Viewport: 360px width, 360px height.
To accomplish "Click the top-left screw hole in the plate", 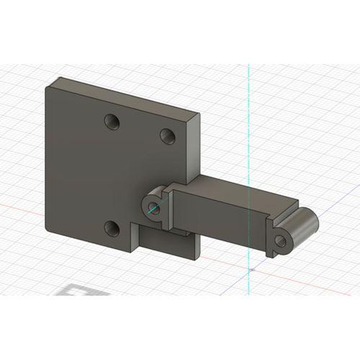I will (x=112, y=121).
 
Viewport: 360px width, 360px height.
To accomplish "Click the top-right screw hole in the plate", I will (x=167, y=135).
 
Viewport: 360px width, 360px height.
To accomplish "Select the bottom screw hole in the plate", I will (x=112, y=228).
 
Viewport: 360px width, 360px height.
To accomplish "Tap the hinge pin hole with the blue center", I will (x=153, y=209).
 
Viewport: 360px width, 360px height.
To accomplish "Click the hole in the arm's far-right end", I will (x=280, y=241).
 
